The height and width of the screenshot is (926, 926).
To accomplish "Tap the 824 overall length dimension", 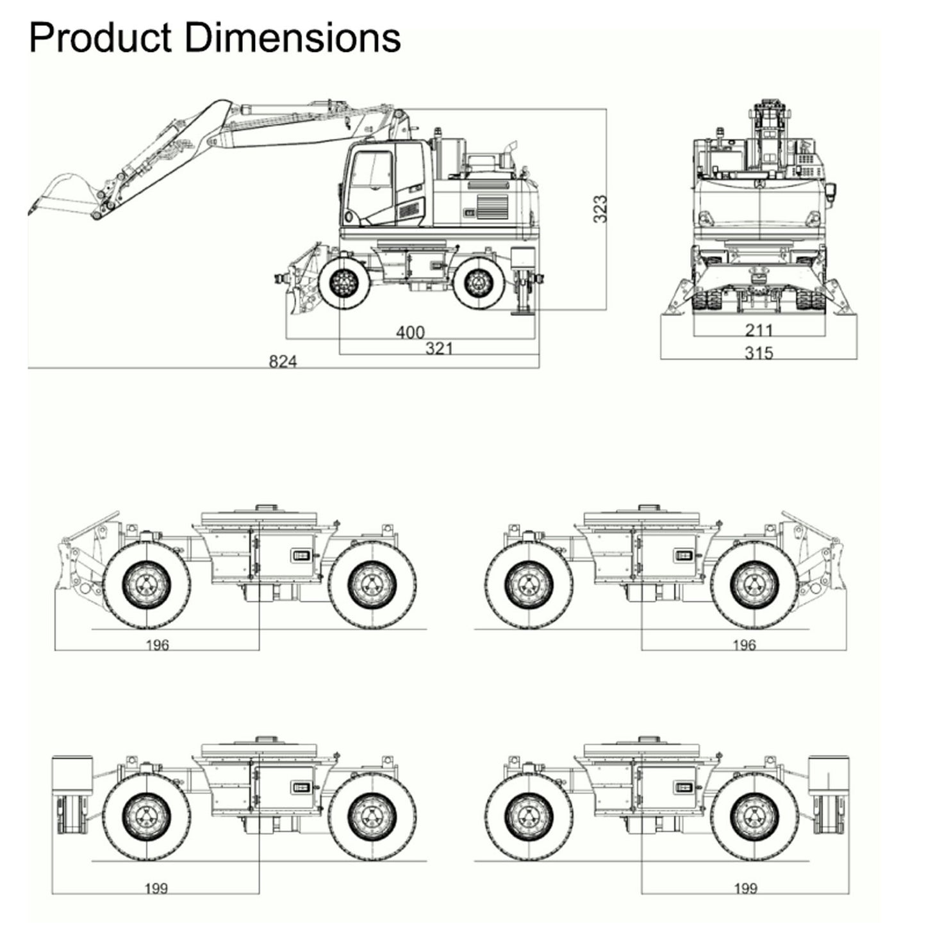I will coord(283,361).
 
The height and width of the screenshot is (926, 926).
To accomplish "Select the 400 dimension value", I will coord(410,332).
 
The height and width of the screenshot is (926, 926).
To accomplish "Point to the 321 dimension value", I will coord(439,348).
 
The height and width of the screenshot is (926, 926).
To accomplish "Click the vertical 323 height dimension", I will coord(600,209).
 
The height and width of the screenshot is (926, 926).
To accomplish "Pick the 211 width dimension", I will coord(759,330).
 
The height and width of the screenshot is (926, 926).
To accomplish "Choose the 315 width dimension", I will coord(759,352).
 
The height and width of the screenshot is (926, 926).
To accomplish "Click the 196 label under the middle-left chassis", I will coord(157,645).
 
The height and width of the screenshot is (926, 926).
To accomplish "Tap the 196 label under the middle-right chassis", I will coord(744,645).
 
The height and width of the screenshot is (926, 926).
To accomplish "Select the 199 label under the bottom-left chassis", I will coord(156,888).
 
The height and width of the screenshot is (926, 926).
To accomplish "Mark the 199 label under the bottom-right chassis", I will coord(745,888).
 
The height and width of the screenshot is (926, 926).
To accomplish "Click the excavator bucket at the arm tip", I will coord(64,192).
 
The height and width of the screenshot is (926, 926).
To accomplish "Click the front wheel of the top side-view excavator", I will coord(345,281).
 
